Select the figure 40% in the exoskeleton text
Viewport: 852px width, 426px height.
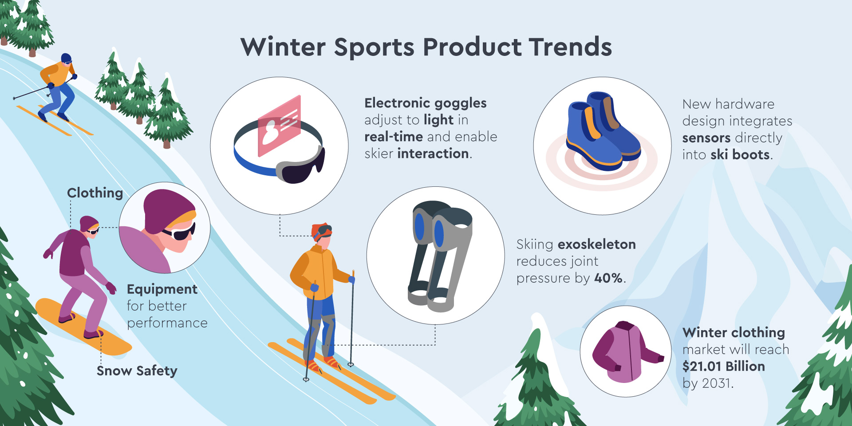pyautogui.click(x=608, y=278)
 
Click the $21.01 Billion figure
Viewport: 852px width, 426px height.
pyautogui.click(x=724, y=367)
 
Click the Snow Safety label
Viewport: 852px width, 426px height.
pyautogui.click(x=137, y=371)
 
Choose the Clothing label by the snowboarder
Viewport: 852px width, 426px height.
pyautogui.click(x=95, y=193)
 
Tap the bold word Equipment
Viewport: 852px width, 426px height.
pyautogui.click(x=162, y=290)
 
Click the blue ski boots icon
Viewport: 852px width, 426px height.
pyautogui.click(x=603, y=131)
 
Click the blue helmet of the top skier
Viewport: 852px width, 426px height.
pyautogui.click(x=66, y=58)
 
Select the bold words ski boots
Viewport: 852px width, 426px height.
pyautogui.click(x=740, y=155)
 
